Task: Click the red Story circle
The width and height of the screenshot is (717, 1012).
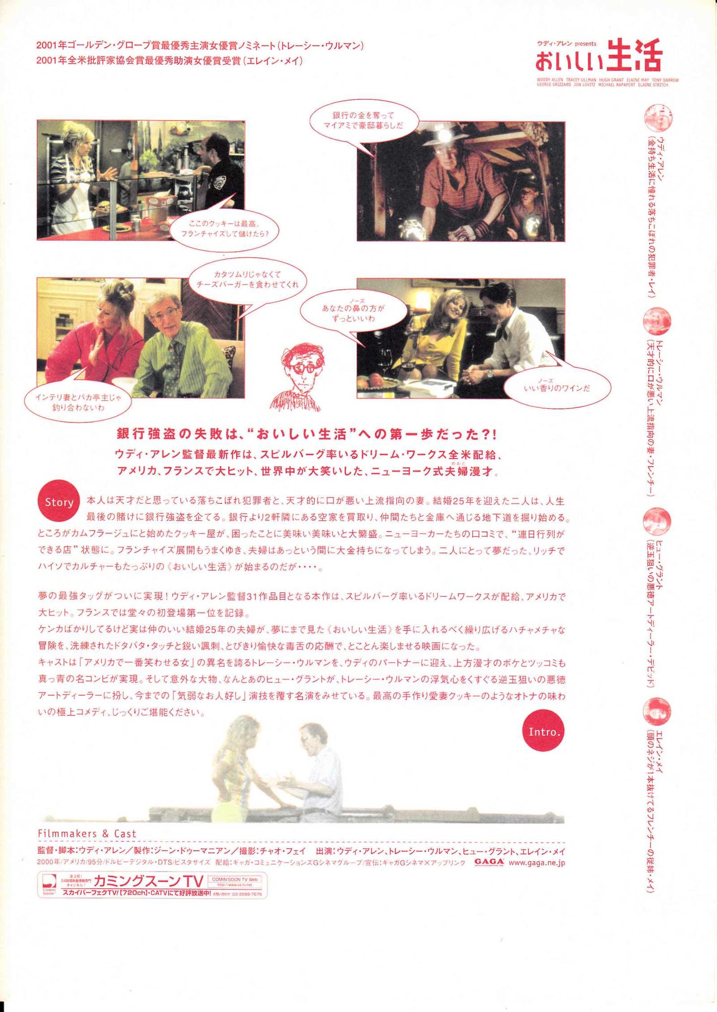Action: (59, 502)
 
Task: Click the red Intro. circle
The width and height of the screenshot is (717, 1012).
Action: (544, 732)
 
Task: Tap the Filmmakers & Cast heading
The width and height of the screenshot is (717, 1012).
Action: (87, 834)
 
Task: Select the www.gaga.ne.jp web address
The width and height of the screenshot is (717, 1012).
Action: (536, 863)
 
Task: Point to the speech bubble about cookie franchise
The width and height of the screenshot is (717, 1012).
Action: (224, 228)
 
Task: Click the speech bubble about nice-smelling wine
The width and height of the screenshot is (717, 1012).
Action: (557, 388)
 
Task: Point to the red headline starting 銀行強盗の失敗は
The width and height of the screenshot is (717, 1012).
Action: (307, 434)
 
